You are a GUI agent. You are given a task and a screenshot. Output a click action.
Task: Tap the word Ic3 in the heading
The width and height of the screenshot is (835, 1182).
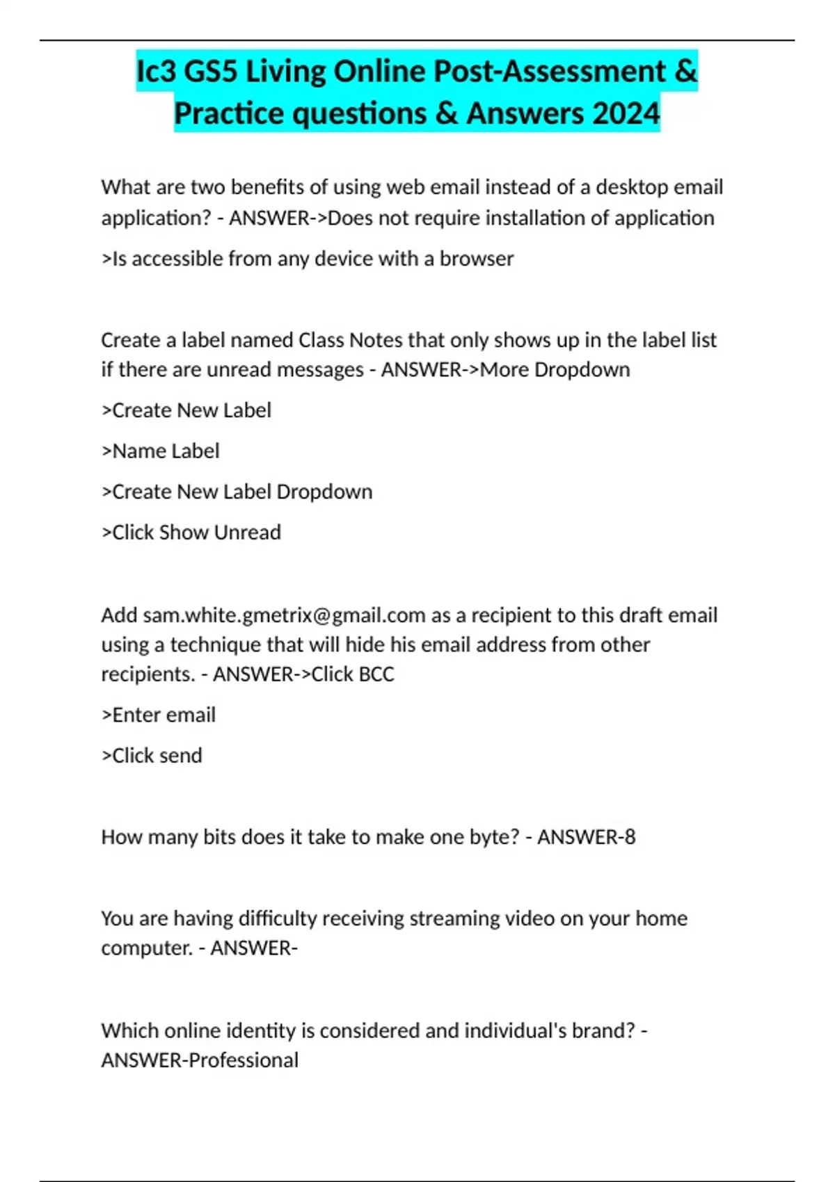[x=158, y=72]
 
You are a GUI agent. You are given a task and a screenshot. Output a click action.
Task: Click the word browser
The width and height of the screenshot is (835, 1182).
[x=477, y=259]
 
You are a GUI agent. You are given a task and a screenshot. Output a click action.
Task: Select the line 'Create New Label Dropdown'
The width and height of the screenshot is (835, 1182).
[x=241, y=492]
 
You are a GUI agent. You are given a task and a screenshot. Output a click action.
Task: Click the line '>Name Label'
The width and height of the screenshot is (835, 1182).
[x=161, y=451]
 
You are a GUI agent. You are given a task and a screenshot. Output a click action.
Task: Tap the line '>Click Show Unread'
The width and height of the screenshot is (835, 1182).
[x=191, y=533]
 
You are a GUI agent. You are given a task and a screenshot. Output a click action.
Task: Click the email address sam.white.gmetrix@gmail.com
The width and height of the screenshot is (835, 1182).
[x=284, y=615]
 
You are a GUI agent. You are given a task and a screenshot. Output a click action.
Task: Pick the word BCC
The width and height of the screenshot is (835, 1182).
[x=375, y=674]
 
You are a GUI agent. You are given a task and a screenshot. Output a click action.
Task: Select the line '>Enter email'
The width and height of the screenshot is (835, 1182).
[x=159, y=715]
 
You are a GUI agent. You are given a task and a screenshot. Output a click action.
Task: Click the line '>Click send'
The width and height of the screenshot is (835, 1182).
[x=152, y=756]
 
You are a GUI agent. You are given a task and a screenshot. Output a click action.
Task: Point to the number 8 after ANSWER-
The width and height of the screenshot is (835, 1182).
[x=630, y=837]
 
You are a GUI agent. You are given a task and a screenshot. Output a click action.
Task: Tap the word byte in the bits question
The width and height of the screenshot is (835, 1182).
[x=495, y=837]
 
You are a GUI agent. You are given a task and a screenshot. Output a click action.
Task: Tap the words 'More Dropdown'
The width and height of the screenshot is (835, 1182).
[x=555, y=370]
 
